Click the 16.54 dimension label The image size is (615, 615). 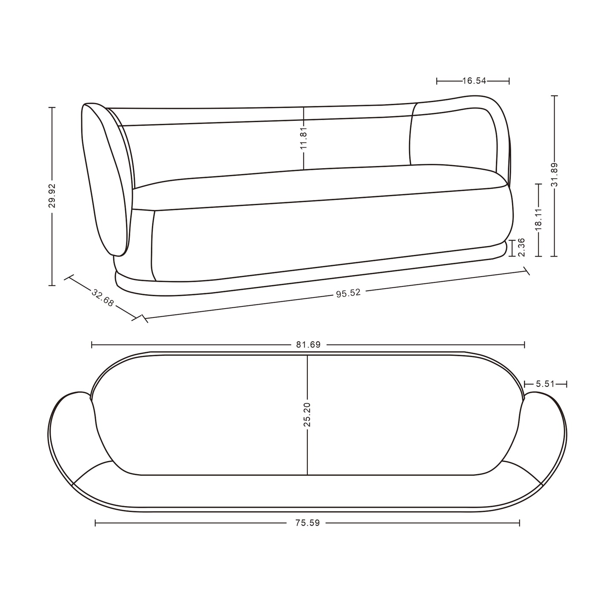click(474, 81)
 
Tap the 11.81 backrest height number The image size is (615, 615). click(303, 137)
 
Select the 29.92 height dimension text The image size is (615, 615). click(51, 195)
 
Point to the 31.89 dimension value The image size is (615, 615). click(555, 174)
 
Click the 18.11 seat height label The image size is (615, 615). click(538, 219)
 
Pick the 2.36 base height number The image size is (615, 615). click(521, 247)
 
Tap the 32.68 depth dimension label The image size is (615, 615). click(103, 298)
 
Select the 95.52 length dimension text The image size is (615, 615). click(348, 293)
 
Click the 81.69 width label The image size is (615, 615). click(308, 345)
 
